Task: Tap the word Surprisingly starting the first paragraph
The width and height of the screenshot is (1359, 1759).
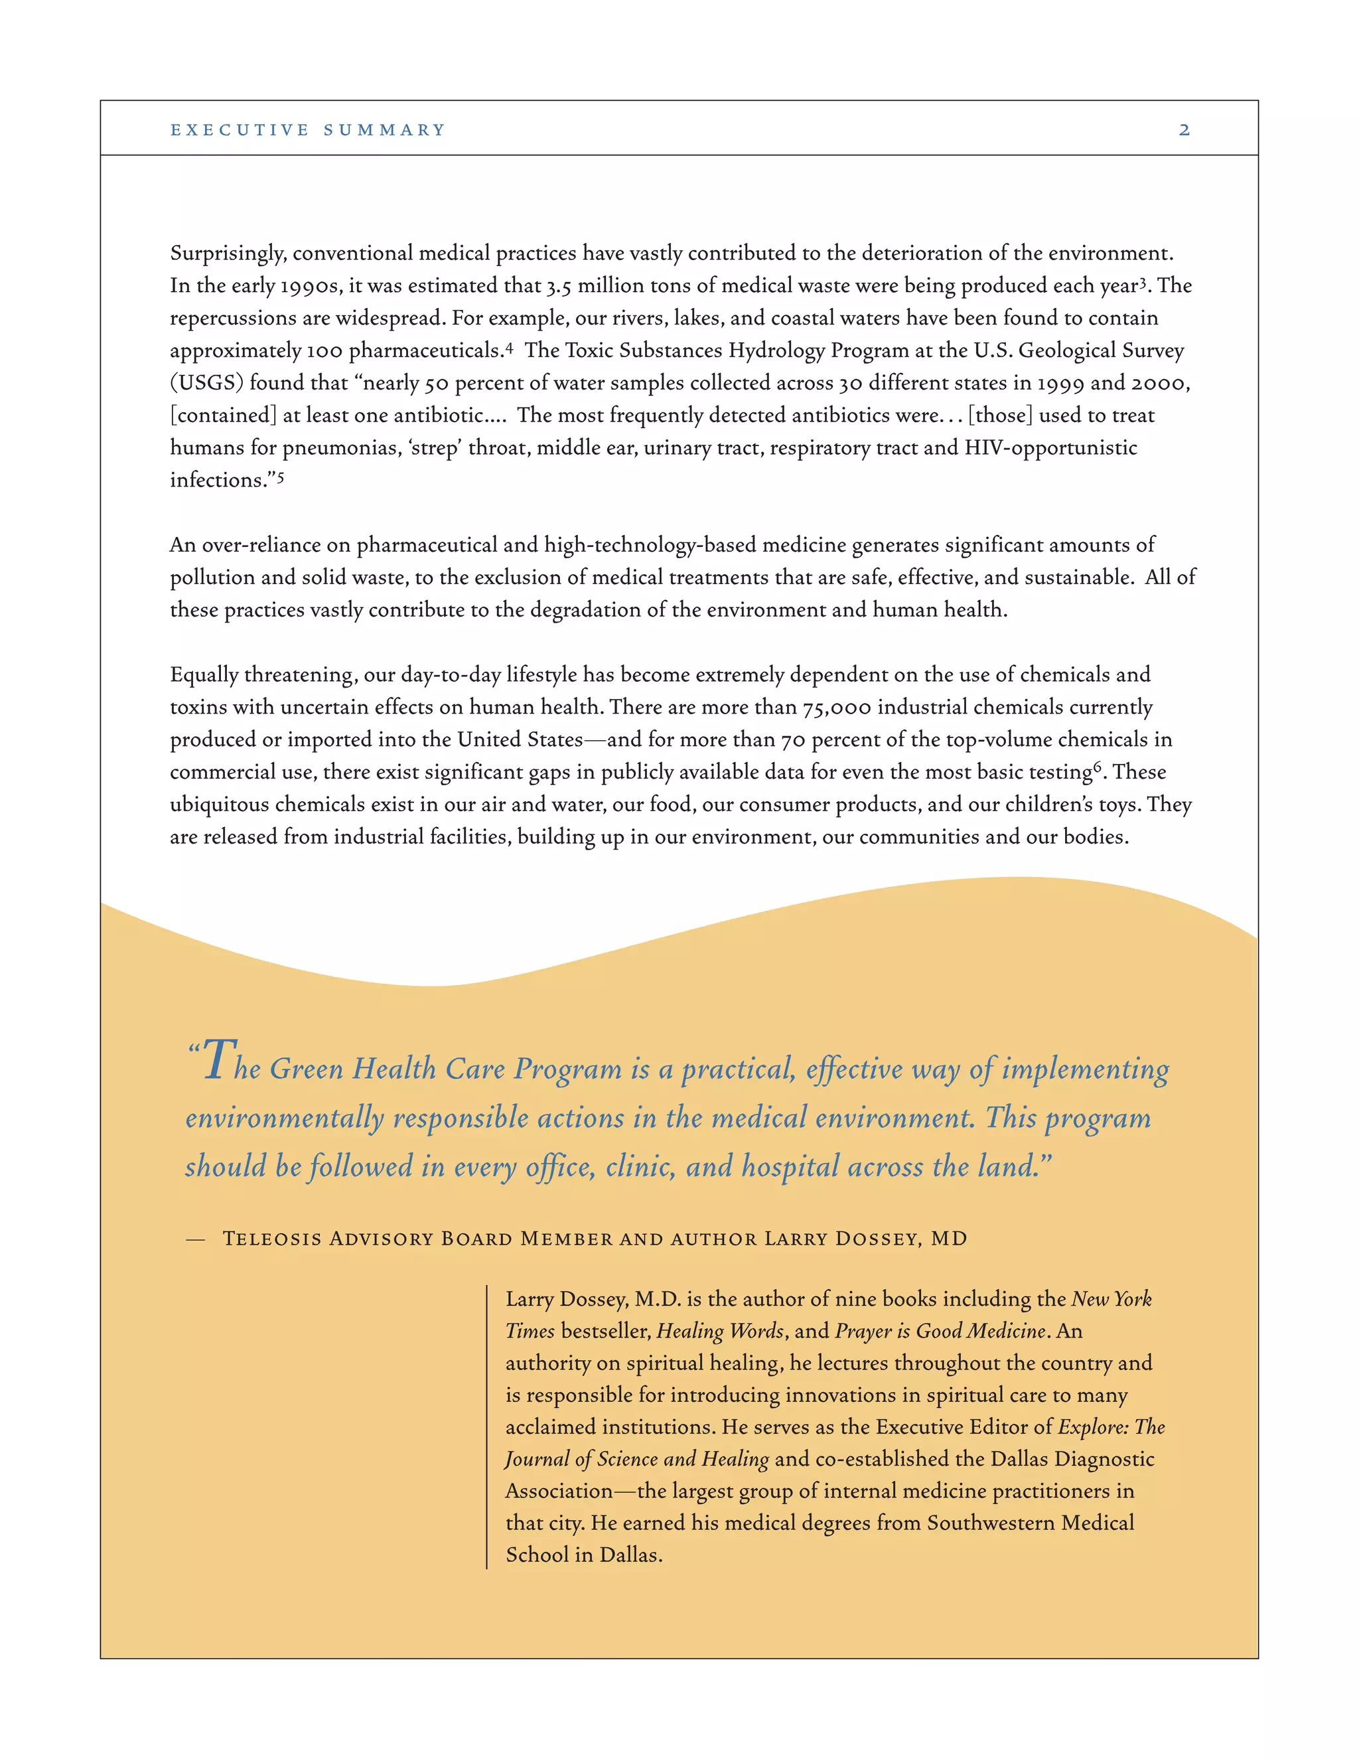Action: coord(228,254)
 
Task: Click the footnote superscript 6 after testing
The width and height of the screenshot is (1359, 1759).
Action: coord(1098,767)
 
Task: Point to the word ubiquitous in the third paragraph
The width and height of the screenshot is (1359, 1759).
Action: coord(219,804)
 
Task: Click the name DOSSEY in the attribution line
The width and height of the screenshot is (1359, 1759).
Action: coord(877,1239)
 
